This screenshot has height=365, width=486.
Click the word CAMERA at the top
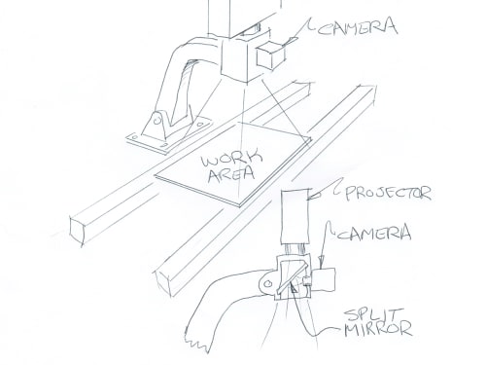point(357,27)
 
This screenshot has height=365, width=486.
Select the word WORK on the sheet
point(231,158)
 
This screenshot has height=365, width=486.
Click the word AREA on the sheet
point(231,174)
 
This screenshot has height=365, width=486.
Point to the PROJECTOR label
point(388,194)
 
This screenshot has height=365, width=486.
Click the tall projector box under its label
point(295,216)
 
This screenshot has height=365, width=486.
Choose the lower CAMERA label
point(374,233)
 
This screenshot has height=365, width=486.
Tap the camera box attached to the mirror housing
point(324,279)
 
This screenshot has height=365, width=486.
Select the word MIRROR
point(378,329)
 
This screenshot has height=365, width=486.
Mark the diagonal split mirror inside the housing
point(292,277)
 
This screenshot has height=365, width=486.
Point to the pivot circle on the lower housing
point(267,284)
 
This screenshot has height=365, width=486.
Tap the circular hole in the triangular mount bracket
point(157,121)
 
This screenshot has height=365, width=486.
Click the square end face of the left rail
point(77,230)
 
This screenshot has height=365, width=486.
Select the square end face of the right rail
point(164,283)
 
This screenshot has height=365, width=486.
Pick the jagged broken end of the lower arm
point(196,343)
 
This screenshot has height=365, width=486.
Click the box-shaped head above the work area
point(242,59)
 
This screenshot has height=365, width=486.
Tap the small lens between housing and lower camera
point(307,280)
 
